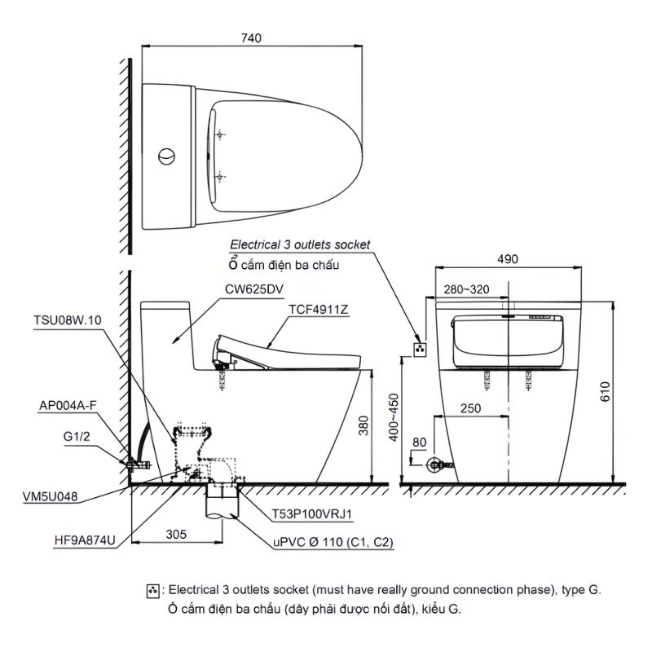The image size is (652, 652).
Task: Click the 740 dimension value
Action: pos(251,38)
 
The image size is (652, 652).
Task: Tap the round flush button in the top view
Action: pos(166,156)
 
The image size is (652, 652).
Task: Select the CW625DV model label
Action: pos(254,289)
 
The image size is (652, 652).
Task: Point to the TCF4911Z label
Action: pos(319,310)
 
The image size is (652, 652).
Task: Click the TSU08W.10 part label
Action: pos(68,320)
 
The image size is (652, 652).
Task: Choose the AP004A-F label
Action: pos(68,405)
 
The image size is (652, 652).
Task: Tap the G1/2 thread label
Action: pos(77,437)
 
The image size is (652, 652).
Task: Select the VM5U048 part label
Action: pos(50,496)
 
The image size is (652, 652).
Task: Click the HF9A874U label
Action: pos(85,540)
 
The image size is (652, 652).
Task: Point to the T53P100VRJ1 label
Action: pos(312,514)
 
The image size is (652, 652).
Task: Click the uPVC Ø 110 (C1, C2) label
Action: pos(333,542)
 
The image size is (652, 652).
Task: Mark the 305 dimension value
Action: pos(176,535)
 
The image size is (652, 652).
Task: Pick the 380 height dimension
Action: pos(363,425)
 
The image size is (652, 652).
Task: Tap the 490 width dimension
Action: pos(508,259)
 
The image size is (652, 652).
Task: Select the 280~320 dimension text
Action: pos(466,289)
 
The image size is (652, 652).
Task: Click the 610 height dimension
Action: pos(605,391)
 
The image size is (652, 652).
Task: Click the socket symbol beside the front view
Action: pos(420,350)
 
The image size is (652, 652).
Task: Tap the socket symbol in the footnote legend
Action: pos(152,591)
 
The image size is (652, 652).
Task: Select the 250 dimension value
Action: pos(470,408)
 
